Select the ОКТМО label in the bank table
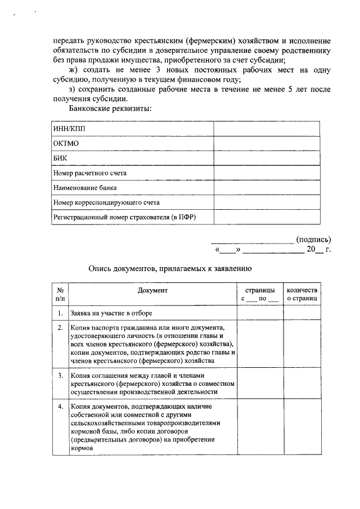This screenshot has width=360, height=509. coord(66,143)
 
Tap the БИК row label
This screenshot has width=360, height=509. coord(60,158)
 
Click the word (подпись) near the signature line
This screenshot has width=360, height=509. coord(313,238)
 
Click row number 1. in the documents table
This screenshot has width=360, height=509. coord(60,313)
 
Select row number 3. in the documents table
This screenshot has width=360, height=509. coord(60,376)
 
